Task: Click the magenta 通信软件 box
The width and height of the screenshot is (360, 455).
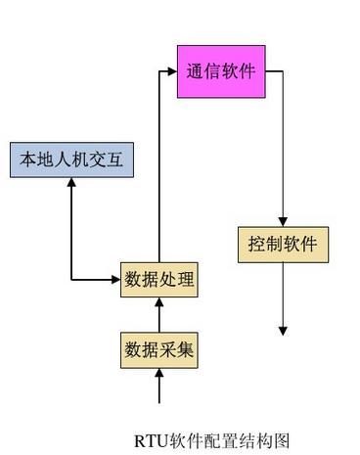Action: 221,71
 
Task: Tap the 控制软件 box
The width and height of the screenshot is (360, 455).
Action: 283,244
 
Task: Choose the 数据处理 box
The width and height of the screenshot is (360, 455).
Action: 159,280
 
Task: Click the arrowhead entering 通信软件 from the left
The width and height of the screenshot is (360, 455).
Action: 172,71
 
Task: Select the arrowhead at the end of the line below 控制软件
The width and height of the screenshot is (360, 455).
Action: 283,331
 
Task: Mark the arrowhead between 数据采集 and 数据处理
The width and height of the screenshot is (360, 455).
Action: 159,303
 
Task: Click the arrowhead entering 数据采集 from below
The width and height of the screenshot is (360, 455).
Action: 159,375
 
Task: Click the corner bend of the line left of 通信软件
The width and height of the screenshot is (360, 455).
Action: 159,71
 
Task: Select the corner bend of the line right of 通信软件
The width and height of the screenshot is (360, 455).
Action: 283,71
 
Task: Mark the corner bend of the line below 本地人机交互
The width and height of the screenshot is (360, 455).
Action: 71,280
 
